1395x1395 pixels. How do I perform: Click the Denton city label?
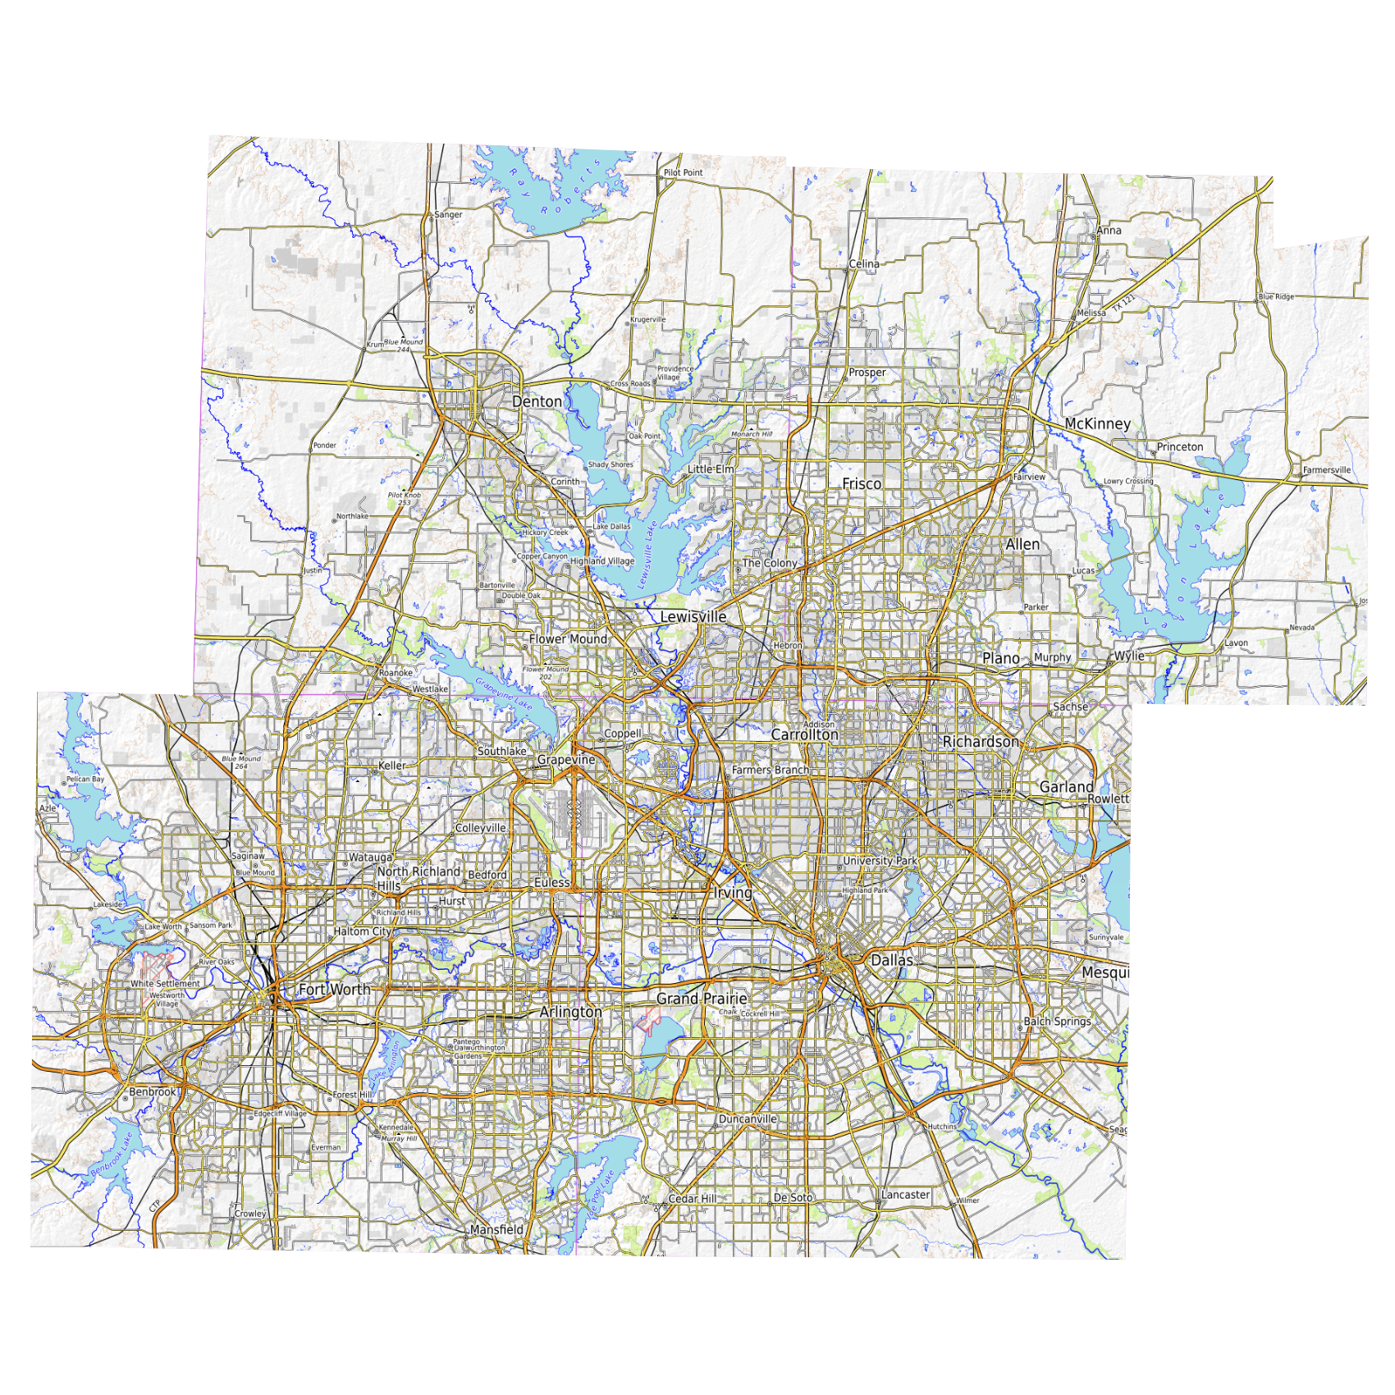[537, 401]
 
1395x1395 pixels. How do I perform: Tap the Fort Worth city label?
[334, 990]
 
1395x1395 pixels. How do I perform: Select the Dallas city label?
[891, 960]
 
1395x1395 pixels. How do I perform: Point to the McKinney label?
[1097, 423]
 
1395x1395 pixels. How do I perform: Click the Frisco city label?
[862, 484]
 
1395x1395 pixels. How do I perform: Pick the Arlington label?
[570, 1012]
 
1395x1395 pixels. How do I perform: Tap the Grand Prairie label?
[702, 999]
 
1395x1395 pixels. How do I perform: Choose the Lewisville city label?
[693, 616]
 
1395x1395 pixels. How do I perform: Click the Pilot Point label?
[683, 173]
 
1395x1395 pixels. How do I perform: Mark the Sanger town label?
[448, 215]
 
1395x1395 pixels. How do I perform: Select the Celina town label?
[863, 264]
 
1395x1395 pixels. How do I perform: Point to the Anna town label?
[1109, 231]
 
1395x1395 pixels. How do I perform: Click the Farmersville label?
[1326, 470]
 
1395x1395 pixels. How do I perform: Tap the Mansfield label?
[496, 1229]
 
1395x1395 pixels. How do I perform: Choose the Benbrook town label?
[153, 1092]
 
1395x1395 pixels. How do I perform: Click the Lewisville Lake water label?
[647, 556]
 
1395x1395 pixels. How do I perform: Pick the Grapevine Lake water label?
[504, 693]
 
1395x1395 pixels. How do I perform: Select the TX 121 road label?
[1123, 303]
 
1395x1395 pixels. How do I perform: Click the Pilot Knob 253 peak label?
[405, 499]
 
